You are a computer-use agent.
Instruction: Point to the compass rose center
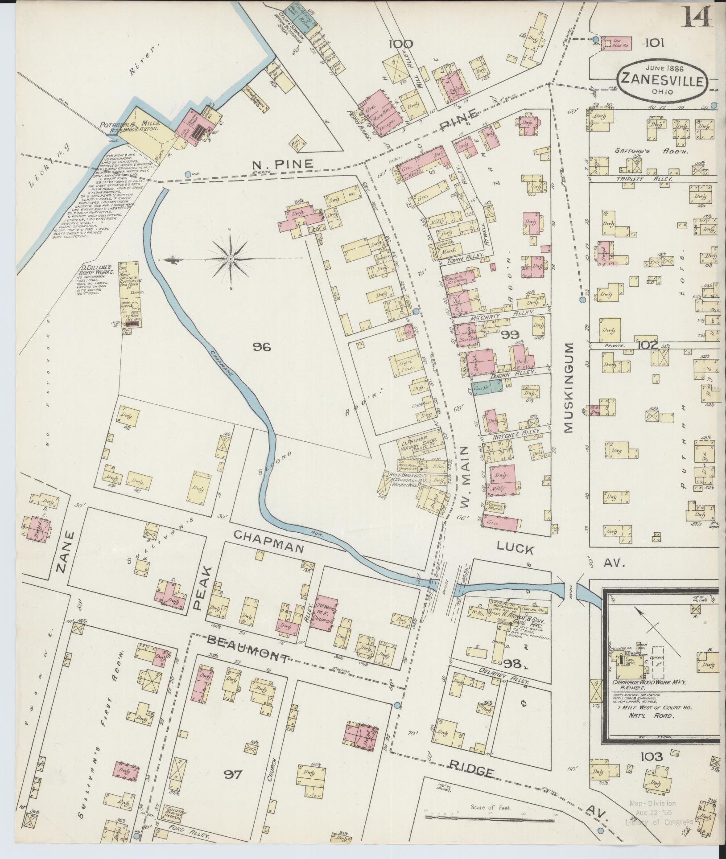coord(230,259)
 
